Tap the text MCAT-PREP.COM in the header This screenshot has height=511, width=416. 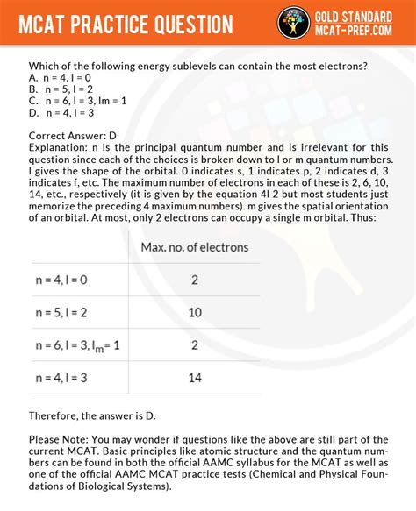coord(363,32)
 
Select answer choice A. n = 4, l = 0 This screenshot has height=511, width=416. coord(62,76)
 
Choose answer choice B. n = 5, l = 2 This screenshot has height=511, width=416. coord(62,89)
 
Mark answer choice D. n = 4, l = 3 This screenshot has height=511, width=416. coord(62,112)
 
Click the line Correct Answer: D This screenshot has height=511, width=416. coord(73,136)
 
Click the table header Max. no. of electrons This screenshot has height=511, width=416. coord(194,247)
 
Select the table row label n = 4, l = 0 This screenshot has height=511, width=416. coord(61,280)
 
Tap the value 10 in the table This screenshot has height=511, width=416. coord(195,312)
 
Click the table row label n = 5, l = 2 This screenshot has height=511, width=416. coord(61,312)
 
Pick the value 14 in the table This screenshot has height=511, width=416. coord(195,378)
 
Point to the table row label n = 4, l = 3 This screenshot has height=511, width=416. coord(61,378)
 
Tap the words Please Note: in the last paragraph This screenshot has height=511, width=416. coord(61,439)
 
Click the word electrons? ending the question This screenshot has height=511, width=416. coord(337,65)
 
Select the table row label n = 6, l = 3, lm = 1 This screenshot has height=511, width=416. coord(78,345)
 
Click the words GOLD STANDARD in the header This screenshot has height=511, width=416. coord(363,17)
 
